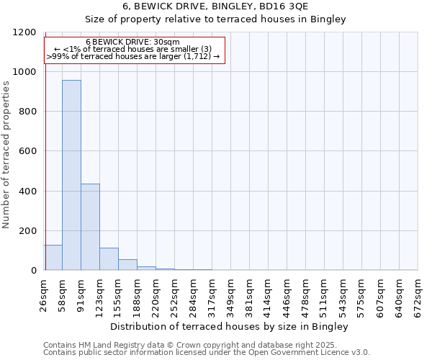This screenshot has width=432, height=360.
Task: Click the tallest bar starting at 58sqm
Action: pyautogui.click(x=71, y=175)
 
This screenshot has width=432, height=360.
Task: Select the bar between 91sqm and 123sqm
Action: pyautogui.click(x=90, y=227)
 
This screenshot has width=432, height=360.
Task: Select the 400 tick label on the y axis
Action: pyautogui.click(x=27, y=192)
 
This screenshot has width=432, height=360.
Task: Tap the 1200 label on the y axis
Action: pyautogui.click(x=24, y=32)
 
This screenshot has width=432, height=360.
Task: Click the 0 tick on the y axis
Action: pyautogui.click(x=33, y=271)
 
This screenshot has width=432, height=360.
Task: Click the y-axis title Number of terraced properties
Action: pyautogui.click(x=6, y=155)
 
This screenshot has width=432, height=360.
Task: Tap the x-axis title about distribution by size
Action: pyautogui.click(x=230, y=327)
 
